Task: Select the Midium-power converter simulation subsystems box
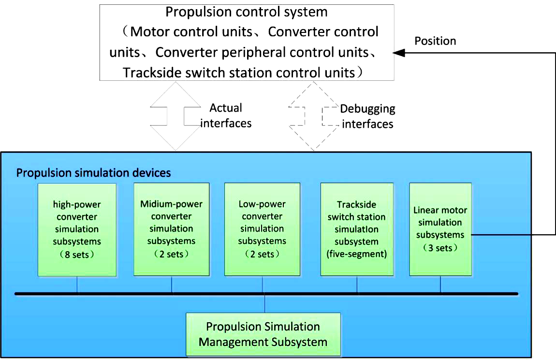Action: click(x=171, y=229)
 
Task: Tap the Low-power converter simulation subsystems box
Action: click(x=262, y=229)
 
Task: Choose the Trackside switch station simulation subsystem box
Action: click(x=357, y=229)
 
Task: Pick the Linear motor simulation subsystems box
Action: click(x=440, y=229)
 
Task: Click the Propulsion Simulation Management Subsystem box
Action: click(x=263, y=334)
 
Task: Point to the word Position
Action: click(x=435, y=41)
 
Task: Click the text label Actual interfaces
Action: click(x=226, y=116)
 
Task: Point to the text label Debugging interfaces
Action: click(x=367, y=116)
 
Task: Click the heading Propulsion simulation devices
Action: click(x=94, y=173)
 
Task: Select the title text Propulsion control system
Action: click(x=247, y=12)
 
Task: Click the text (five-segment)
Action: click(x=357, y=254)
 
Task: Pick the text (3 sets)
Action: click(x=440, y=248)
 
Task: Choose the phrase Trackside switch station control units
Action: click(x=239, y=73)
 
